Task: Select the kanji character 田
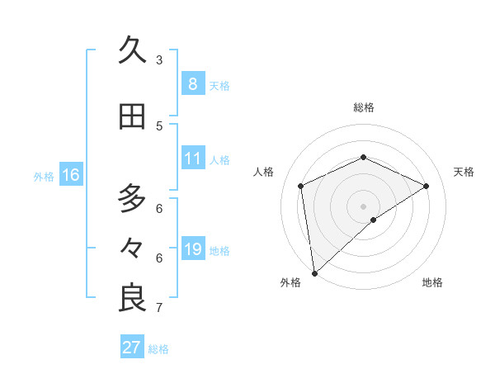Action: [132, 116]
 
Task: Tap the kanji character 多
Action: [132, 198]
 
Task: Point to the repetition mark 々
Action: [132, 248]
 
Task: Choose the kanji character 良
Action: [132, 298]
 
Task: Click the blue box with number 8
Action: [192, 83]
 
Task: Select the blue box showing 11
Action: [192, 159]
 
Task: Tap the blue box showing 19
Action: [192, 249]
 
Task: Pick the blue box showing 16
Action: [70, 175]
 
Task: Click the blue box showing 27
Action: [131, 347]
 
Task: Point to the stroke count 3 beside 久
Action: [159, 59]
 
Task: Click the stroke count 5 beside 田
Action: [159, 125]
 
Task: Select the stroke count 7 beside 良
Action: [159, 308]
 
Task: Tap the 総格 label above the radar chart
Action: [363, 107]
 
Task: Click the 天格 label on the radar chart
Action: [464, 172]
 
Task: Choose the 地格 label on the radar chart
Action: [432, 283]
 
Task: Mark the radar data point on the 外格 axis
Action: [314, 272]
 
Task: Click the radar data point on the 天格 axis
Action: [427, 186]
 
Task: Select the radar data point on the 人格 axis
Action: [301, 186]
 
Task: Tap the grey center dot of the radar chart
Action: [363, 206]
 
